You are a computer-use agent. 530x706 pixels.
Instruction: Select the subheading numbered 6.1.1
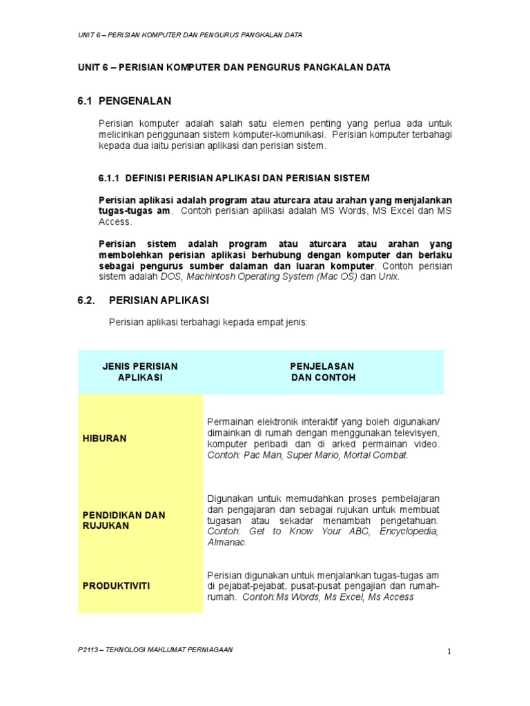click(x=235, y=178)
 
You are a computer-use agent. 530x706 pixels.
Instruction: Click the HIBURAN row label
click(x=104, y=438)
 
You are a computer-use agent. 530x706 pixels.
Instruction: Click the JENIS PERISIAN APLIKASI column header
click(x=140, y=372)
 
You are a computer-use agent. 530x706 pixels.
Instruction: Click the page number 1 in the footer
click(x=448, y=653)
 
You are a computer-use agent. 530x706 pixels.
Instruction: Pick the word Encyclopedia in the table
click(x=405, y=532)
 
